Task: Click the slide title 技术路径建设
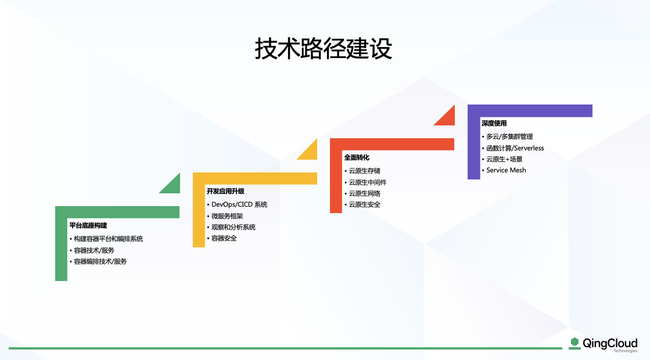pos(324,49)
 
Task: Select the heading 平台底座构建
pos(88,225)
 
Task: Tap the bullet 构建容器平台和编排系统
pos(108,239)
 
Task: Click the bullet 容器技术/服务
pos(94,250)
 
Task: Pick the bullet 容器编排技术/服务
pos(100,261)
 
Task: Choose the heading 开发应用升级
pos(225,191)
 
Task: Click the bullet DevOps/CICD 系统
pos(239,204)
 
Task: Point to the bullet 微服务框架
pos(227,216)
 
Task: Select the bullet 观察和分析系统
pos(233,227)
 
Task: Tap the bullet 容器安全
pos(224,238)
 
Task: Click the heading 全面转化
pos(357,157)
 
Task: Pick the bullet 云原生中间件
pos(367,182)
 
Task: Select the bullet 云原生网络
pos(364,193)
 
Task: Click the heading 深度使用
pos(494,124)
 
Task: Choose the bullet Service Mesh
pos(506,170)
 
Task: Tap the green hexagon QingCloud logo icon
pos(574,343)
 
